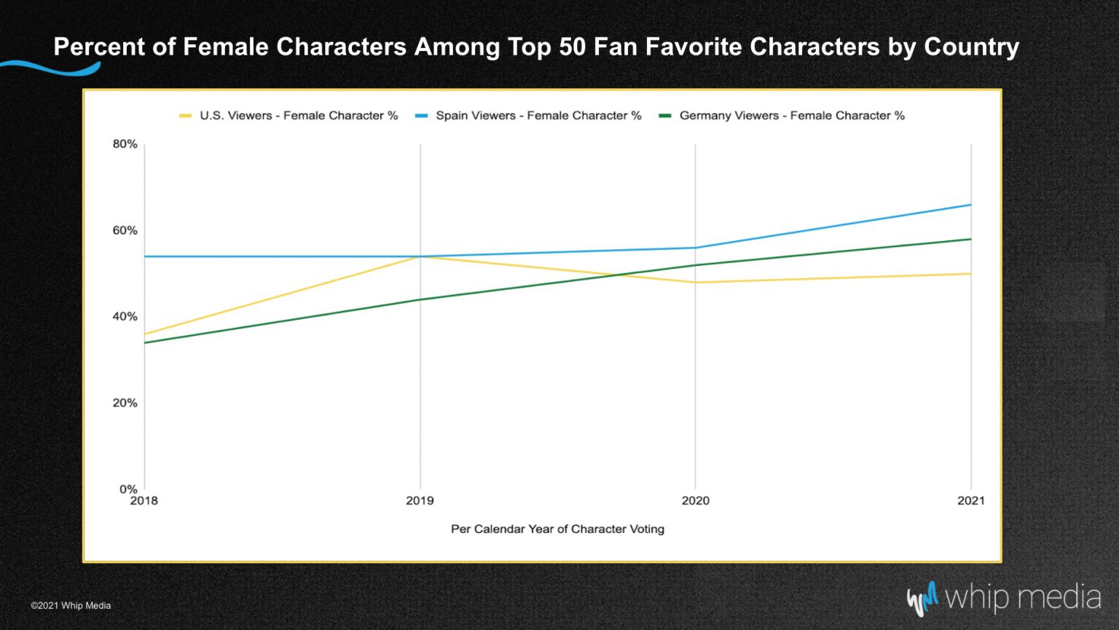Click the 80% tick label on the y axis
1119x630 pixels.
[x=125, y=144]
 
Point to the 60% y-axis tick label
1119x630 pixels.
[x=125, y=231]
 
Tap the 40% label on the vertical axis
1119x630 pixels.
[x=125, y=317]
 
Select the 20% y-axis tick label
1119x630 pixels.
[x=125, y=403]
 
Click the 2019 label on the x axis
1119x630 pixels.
[x=420, y=501]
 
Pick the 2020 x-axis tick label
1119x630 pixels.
[x=695, y=501]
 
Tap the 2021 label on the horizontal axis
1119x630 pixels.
[x=970, y=501]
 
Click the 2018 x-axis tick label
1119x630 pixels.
[x=144, y=501]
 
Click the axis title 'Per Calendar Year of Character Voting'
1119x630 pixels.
[x=557, y=529]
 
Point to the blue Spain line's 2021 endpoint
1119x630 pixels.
[x=970, y=205]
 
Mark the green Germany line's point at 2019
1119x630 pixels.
[x=420, y=299]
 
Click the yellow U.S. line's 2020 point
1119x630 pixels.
[x=695, y=283]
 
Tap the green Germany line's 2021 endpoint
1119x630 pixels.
[x=970, y=239]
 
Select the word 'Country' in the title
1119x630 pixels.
[x=971, y=47]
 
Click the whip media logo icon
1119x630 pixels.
[x=922, y=599]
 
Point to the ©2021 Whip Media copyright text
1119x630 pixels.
[x=71, y=605]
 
